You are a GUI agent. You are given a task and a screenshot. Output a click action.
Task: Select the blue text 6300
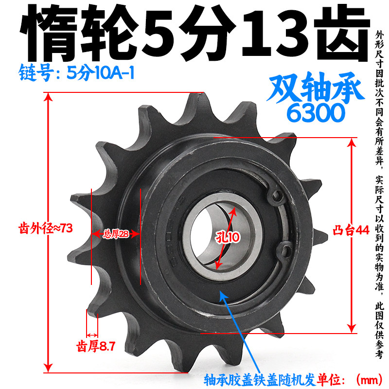tap(316, 113)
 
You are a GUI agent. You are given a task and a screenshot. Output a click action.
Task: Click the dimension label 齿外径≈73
tap(46, 228)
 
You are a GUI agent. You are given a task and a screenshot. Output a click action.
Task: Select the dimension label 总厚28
tap(116, 234)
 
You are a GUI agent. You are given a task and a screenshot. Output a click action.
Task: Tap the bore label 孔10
tap(228, 237)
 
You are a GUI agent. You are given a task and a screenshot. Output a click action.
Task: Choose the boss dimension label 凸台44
tap(351, 230)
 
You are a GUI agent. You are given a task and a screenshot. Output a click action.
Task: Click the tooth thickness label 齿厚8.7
tap(96, 346)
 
